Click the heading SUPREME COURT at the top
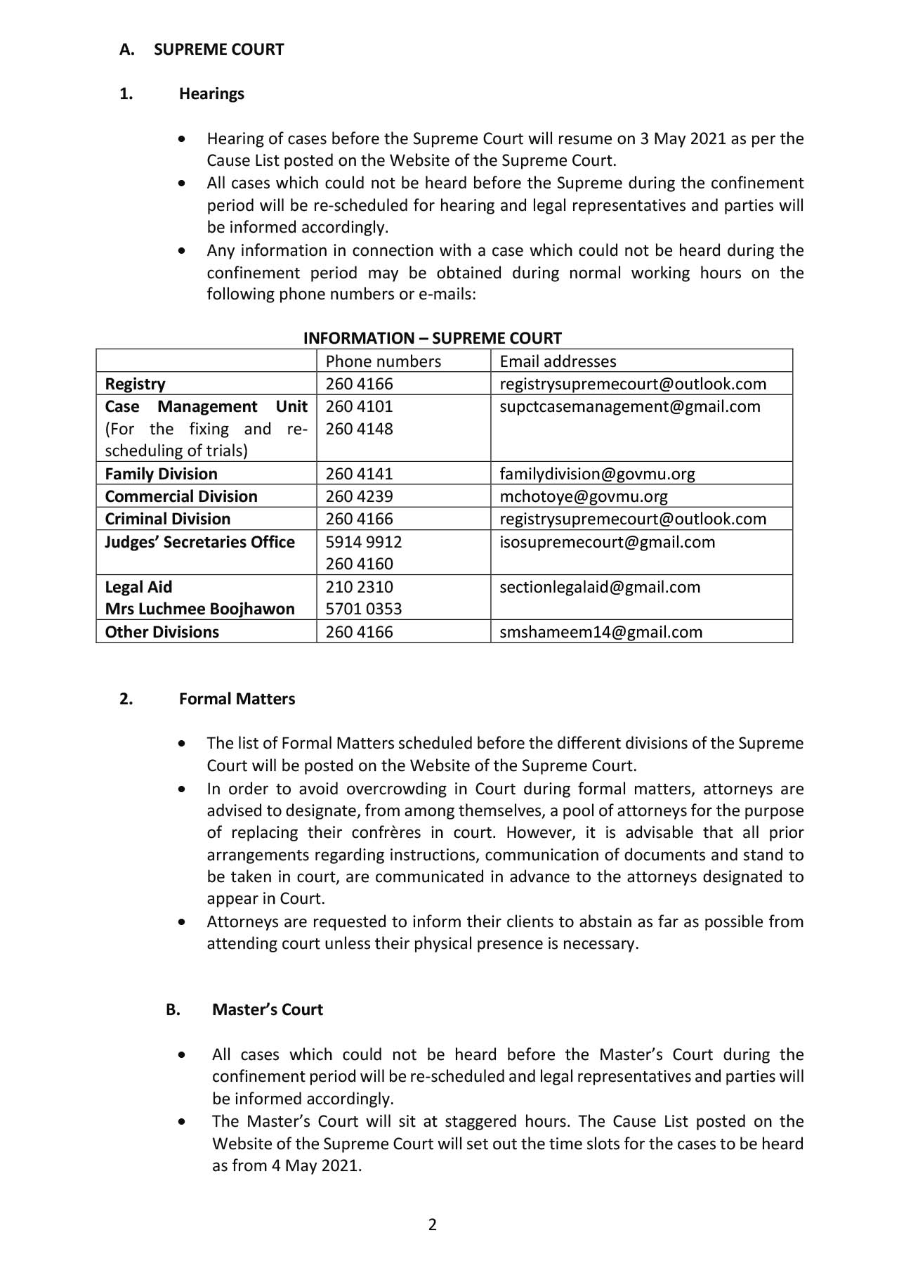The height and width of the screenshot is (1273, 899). click(218, 50)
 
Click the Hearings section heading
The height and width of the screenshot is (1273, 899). click(211, 94)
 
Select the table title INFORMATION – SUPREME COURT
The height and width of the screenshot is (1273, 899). click(432, 338)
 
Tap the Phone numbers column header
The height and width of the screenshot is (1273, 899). click(383, 361)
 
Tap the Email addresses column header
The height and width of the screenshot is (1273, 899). click(558, 361)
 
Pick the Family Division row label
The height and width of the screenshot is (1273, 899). click(161, 474)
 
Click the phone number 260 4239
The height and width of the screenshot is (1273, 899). click(359, 496)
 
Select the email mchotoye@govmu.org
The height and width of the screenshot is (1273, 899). click(583, 496)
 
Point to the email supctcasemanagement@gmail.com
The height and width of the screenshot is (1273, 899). click(629, 406)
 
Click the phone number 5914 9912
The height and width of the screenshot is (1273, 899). click(363, 542)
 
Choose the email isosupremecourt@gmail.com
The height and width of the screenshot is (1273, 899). click(607, 542)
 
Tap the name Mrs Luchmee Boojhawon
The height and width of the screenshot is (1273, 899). click(199, 609)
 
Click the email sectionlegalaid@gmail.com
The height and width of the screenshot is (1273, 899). click(599, 587)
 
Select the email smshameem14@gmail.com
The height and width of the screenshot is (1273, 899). click(601, 632)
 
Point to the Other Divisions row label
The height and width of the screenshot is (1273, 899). click(162, 632)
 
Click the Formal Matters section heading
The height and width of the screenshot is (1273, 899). click(237, 699)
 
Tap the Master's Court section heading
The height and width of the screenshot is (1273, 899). click(267, 1009)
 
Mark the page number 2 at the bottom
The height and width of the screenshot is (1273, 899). click(432, 1224)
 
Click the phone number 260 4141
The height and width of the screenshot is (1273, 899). click(359, 474)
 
